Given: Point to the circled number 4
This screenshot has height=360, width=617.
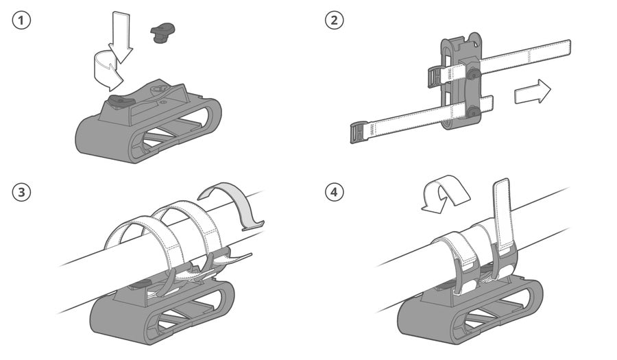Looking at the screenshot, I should point(334,193).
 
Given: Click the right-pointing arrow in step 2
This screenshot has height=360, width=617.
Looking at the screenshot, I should point(533,91).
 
